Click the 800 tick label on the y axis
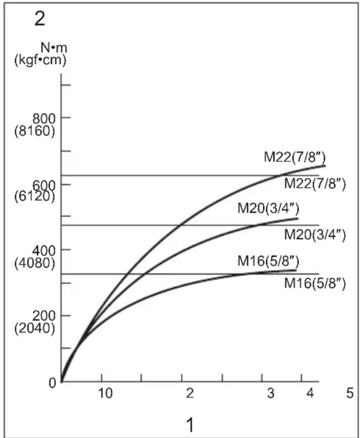[44, 119]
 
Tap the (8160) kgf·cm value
[35, 131]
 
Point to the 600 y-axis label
[44, 185]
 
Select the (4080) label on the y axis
[35, 263]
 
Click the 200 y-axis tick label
[44, 316]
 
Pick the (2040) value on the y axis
[35, 328]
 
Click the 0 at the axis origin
[53, 383]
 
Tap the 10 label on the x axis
[105, 394]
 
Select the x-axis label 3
[271, 394]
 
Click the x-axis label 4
[310, 394]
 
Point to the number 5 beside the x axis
[350, 394]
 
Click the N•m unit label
[54, 48]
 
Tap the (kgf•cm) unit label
[40, 60]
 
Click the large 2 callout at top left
[40, 20]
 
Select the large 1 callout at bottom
[190, 425]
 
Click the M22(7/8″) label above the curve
[295, 158]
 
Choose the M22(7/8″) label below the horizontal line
[315, 184]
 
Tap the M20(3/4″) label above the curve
[268, 208]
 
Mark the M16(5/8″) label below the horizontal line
[315, 284]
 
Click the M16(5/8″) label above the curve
[268, 261]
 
